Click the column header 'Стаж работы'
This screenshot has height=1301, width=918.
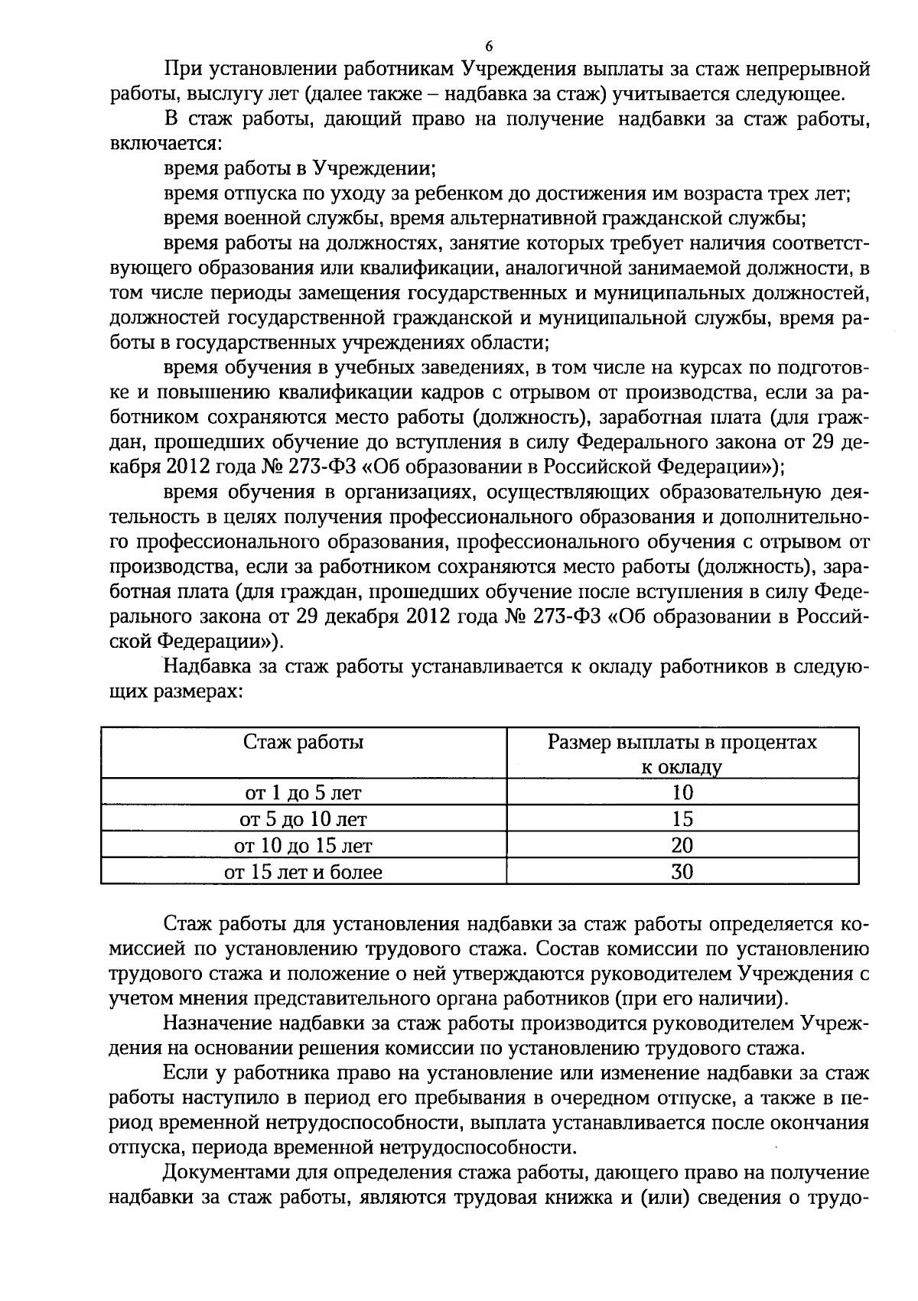click(x=303, y=742)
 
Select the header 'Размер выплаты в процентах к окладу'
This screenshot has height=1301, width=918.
click(x=682, y=754)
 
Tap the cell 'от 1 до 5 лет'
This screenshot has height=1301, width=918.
click(x=303, y=792)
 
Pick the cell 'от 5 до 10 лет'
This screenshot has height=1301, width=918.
click(x=303, y=819)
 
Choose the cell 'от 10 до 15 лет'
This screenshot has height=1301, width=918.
click(x=303, y=845)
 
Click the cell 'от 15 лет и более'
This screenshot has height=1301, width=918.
click(x=303, y=872)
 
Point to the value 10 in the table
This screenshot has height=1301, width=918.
click(x=682, y=792)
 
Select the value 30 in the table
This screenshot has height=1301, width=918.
click(x=682, y=872)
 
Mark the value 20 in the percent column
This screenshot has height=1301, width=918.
click(x=682, y=845)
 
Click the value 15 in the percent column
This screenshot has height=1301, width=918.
click(x=682, y=819)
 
